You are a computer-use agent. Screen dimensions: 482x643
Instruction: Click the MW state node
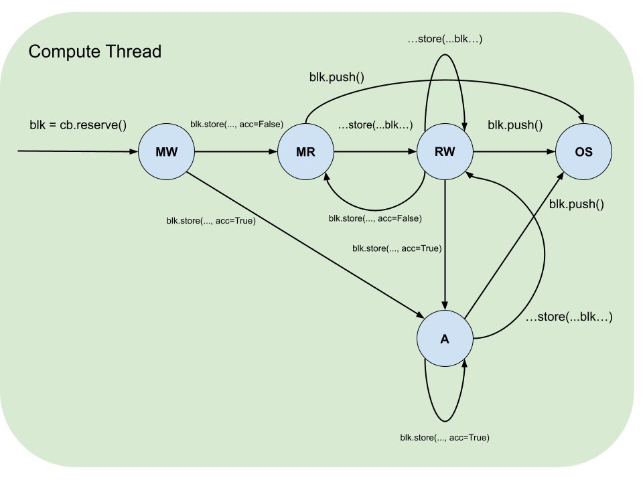coord(166,151)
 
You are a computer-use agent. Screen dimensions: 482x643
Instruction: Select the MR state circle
coord(305,151)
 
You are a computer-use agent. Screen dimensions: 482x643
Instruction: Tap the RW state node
coord(445,151)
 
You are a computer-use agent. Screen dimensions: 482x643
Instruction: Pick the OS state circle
coord(583,151)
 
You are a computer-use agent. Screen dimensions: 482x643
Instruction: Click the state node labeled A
coord(445,339)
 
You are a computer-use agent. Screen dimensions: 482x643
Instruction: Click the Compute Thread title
coord(94,52)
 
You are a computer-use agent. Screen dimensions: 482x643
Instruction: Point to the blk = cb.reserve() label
coord(78,125)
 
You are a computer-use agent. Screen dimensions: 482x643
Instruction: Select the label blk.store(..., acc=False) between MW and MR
coord(236,124)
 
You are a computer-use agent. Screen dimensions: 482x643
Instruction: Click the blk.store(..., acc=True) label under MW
coord(211,221)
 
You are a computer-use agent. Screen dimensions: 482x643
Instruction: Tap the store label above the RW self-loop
coord(445,39)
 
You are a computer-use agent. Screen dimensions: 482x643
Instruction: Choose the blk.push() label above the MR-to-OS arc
coord(336,76)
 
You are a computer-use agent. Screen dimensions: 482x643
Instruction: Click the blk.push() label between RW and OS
coord(515,125)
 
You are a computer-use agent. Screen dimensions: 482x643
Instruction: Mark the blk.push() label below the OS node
coord(576,204)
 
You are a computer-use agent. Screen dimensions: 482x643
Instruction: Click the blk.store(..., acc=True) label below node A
coord(445,438)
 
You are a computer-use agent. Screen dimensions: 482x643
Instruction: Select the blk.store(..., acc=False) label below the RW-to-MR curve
coord(375,218)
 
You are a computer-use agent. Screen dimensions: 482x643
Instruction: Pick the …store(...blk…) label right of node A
coord(569,317)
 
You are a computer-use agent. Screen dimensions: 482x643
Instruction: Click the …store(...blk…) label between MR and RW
coord(375,125)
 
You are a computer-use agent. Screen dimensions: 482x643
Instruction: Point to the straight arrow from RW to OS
coord(514,152)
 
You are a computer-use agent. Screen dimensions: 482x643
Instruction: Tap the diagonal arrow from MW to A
coord(301,242)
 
